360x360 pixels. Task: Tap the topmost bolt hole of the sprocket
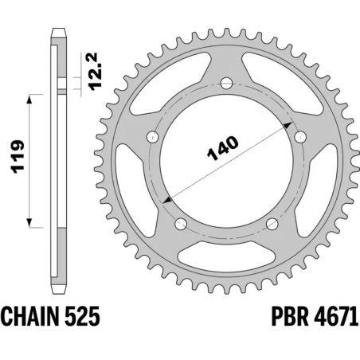226,82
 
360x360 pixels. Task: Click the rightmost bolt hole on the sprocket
299,136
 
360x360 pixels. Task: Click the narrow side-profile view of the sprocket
57,159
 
